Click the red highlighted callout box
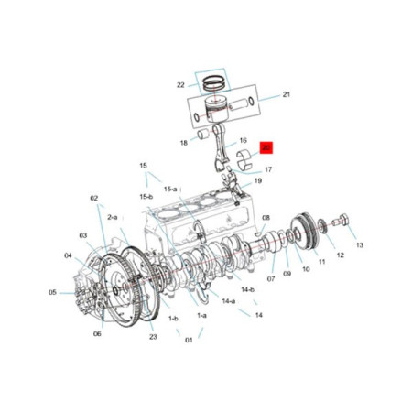coord(266,146)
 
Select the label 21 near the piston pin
coord(286,94)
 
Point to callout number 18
coord(183,143)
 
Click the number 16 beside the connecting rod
coord(244,141)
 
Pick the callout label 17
coord(268,169)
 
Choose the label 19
coord(258,181)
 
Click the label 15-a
coord(170,189)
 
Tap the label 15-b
coord(146,196)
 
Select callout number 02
coord(93,198)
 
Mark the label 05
coord(53,293)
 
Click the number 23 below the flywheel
coord(153,336)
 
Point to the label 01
coord(190,341)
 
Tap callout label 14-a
coord(228,299)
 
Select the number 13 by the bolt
coord(360,245)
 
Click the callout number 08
coord(266,218)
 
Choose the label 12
coord(340,255)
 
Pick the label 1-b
coord(173,318)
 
